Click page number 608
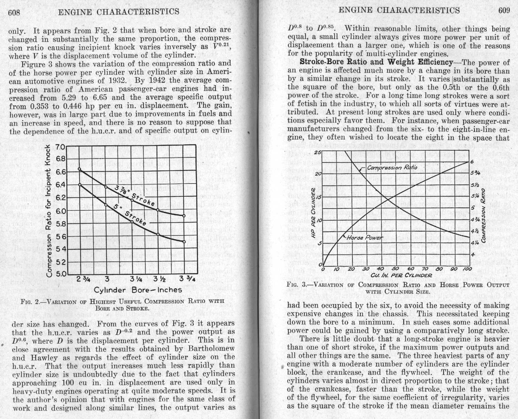14,12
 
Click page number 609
504,11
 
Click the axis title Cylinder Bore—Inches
138,290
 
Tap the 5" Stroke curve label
130,215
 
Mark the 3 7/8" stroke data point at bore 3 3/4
184,216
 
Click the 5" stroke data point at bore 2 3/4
80,185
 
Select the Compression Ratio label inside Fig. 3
392,167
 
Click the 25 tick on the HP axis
318,152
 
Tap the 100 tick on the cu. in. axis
467,269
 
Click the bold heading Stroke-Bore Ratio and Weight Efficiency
376,62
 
